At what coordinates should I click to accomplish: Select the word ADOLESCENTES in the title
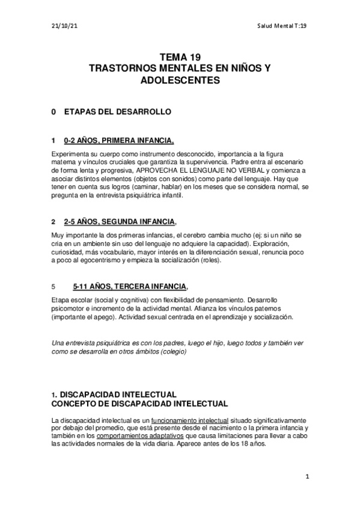[179, 80]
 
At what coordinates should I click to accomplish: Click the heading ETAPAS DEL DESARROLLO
[117, 112]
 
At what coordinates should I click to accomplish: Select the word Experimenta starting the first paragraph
[71, 153]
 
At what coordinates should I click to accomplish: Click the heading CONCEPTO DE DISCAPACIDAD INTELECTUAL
[141, 404]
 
